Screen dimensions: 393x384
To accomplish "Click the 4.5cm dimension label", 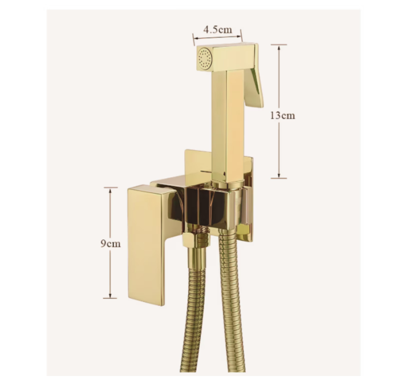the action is tap(217, 30).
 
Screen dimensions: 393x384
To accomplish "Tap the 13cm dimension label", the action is tap(282, 116).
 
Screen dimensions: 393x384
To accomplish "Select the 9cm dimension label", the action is tap(111, 243).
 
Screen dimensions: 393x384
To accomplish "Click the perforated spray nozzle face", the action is tap(204, 58).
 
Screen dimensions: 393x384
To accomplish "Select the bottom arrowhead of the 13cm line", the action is tap(279, 175).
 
